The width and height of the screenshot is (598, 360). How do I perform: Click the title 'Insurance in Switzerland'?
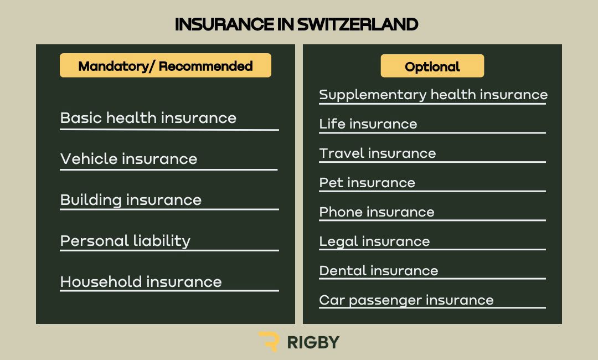[x=296, y=24]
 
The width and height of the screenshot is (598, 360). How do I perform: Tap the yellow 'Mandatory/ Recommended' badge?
[x=166, y=65]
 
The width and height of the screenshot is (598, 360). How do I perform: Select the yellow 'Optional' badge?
[x=432, y=66]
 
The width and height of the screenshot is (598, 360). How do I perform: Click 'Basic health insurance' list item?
[x=148, y=118]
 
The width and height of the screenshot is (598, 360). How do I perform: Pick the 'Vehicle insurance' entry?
[x=129, y=158]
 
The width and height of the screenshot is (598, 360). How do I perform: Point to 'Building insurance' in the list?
[x=131, y=200]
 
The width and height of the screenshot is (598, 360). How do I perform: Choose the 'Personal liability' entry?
[x=125, y=241]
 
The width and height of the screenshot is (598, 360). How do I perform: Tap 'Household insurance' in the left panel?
[x=141, y=282]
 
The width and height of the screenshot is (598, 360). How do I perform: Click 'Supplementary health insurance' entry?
[x=433, y=95]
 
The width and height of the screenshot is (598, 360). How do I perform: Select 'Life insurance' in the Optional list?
[x=368, y=124]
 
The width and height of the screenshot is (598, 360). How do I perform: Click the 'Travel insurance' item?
[x=378, y=153]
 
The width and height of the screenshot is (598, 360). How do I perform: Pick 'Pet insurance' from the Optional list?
[x=367, y=183]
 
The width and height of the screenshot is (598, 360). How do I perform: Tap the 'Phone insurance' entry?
[x=377, y=212]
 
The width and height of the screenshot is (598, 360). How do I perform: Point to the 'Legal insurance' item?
[x=374, y=241]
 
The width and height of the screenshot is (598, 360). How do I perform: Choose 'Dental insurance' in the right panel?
[x=379, y=271]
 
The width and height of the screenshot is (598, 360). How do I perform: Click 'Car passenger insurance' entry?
[x=406, y=301]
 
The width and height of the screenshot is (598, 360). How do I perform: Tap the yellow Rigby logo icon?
[x=269, y=341]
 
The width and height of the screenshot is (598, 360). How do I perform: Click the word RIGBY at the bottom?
[x=313, y=342]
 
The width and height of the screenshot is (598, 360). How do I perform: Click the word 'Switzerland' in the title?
[x=358, y=24]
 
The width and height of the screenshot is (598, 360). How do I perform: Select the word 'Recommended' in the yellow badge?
[x=205, y=66]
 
